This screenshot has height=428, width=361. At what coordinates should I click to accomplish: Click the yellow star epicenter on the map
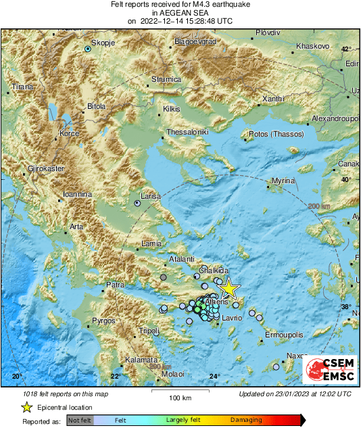point(229,289)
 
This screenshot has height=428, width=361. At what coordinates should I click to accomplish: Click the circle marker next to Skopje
point(87,49)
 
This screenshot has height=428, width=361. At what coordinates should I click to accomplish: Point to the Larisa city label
point(149,195)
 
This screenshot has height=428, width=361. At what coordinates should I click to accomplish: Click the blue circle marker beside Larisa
point(137,202)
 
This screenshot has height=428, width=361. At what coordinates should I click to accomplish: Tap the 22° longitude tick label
point(116,376)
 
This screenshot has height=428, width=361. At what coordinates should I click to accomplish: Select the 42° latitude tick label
point(346,49)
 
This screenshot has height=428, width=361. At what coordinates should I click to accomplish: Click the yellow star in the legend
point(26,407)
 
